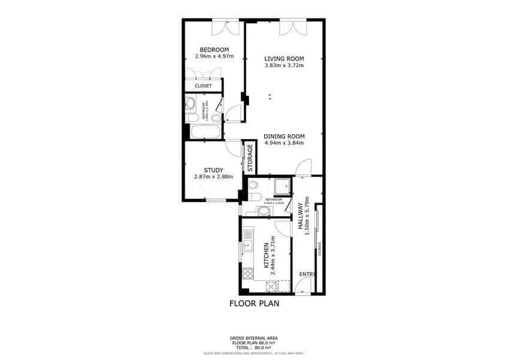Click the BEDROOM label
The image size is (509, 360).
214,49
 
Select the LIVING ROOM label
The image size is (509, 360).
284,59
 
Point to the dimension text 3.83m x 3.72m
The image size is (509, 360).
284,66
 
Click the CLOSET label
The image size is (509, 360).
203,86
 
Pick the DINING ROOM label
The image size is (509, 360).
284,136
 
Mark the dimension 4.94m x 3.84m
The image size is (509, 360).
284,143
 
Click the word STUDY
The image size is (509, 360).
213,170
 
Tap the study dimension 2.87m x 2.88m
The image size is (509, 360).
213,177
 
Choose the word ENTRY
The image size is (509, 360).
307,274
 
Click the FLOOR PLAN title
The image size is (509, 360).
255,304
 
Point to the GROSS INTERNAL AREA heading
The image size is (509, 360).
255,338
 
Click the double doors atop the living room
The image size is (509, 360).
293,27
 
